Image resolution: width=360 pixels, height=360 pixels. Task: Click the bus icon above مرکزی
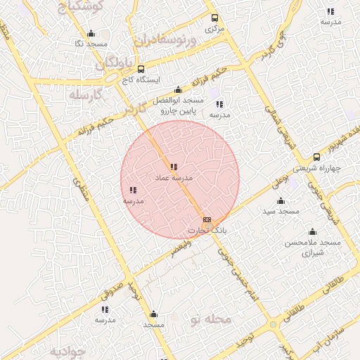coord(214,18)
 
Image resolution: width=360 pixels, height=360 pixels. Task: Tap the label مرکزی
coord(214,30)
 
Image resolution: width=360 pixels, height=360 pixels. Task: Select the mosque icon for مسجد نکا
coord(91,34)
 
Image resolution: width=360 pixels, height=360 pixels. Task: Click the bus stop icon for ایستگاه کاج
coord(141,70)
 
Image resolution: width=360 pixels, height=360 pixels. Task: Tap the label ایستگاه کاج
coord(140,81)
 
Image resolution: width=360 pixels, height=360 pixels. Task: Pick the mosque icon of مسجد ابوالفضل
coord(178,90)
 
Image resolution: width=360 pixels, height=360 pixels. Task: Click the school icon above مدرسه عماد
coord(174,167)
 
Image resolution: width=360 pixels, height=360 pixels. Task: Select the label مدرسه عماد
coord(174,179)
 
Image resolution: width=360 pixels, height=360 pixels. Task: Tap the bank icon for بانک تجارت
coord(207,219)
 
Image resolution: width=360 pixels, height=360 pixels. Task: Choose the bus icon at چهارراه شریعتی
coord(316,157)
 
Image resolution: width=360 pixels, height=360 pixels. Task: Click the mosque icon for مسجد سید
coord(281,200)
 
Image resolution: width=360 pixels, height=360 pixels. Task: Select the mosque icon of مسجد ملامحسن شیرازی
coord(311,231)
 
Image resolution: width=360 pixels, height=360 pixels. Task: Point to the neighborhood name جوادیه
coord(67,350)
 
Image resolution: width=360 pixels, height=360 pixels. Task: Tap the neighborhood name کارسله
coord(86,95)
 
